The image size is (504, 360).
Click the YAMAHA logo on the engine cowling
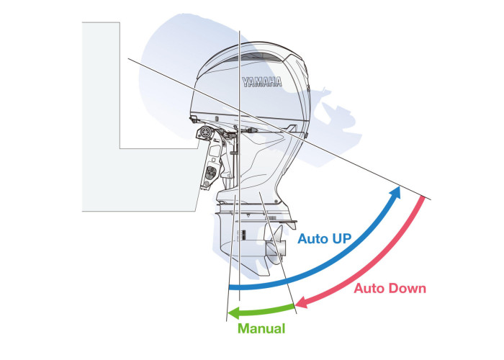(261, 81)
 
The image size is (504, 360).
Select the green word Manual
(261, 328)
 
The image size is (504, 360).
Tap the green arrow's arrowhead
(232, 313)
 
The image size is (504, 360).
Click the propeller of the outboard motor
(274, 248)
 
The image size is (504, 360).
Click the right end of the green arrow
(294, 310)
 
